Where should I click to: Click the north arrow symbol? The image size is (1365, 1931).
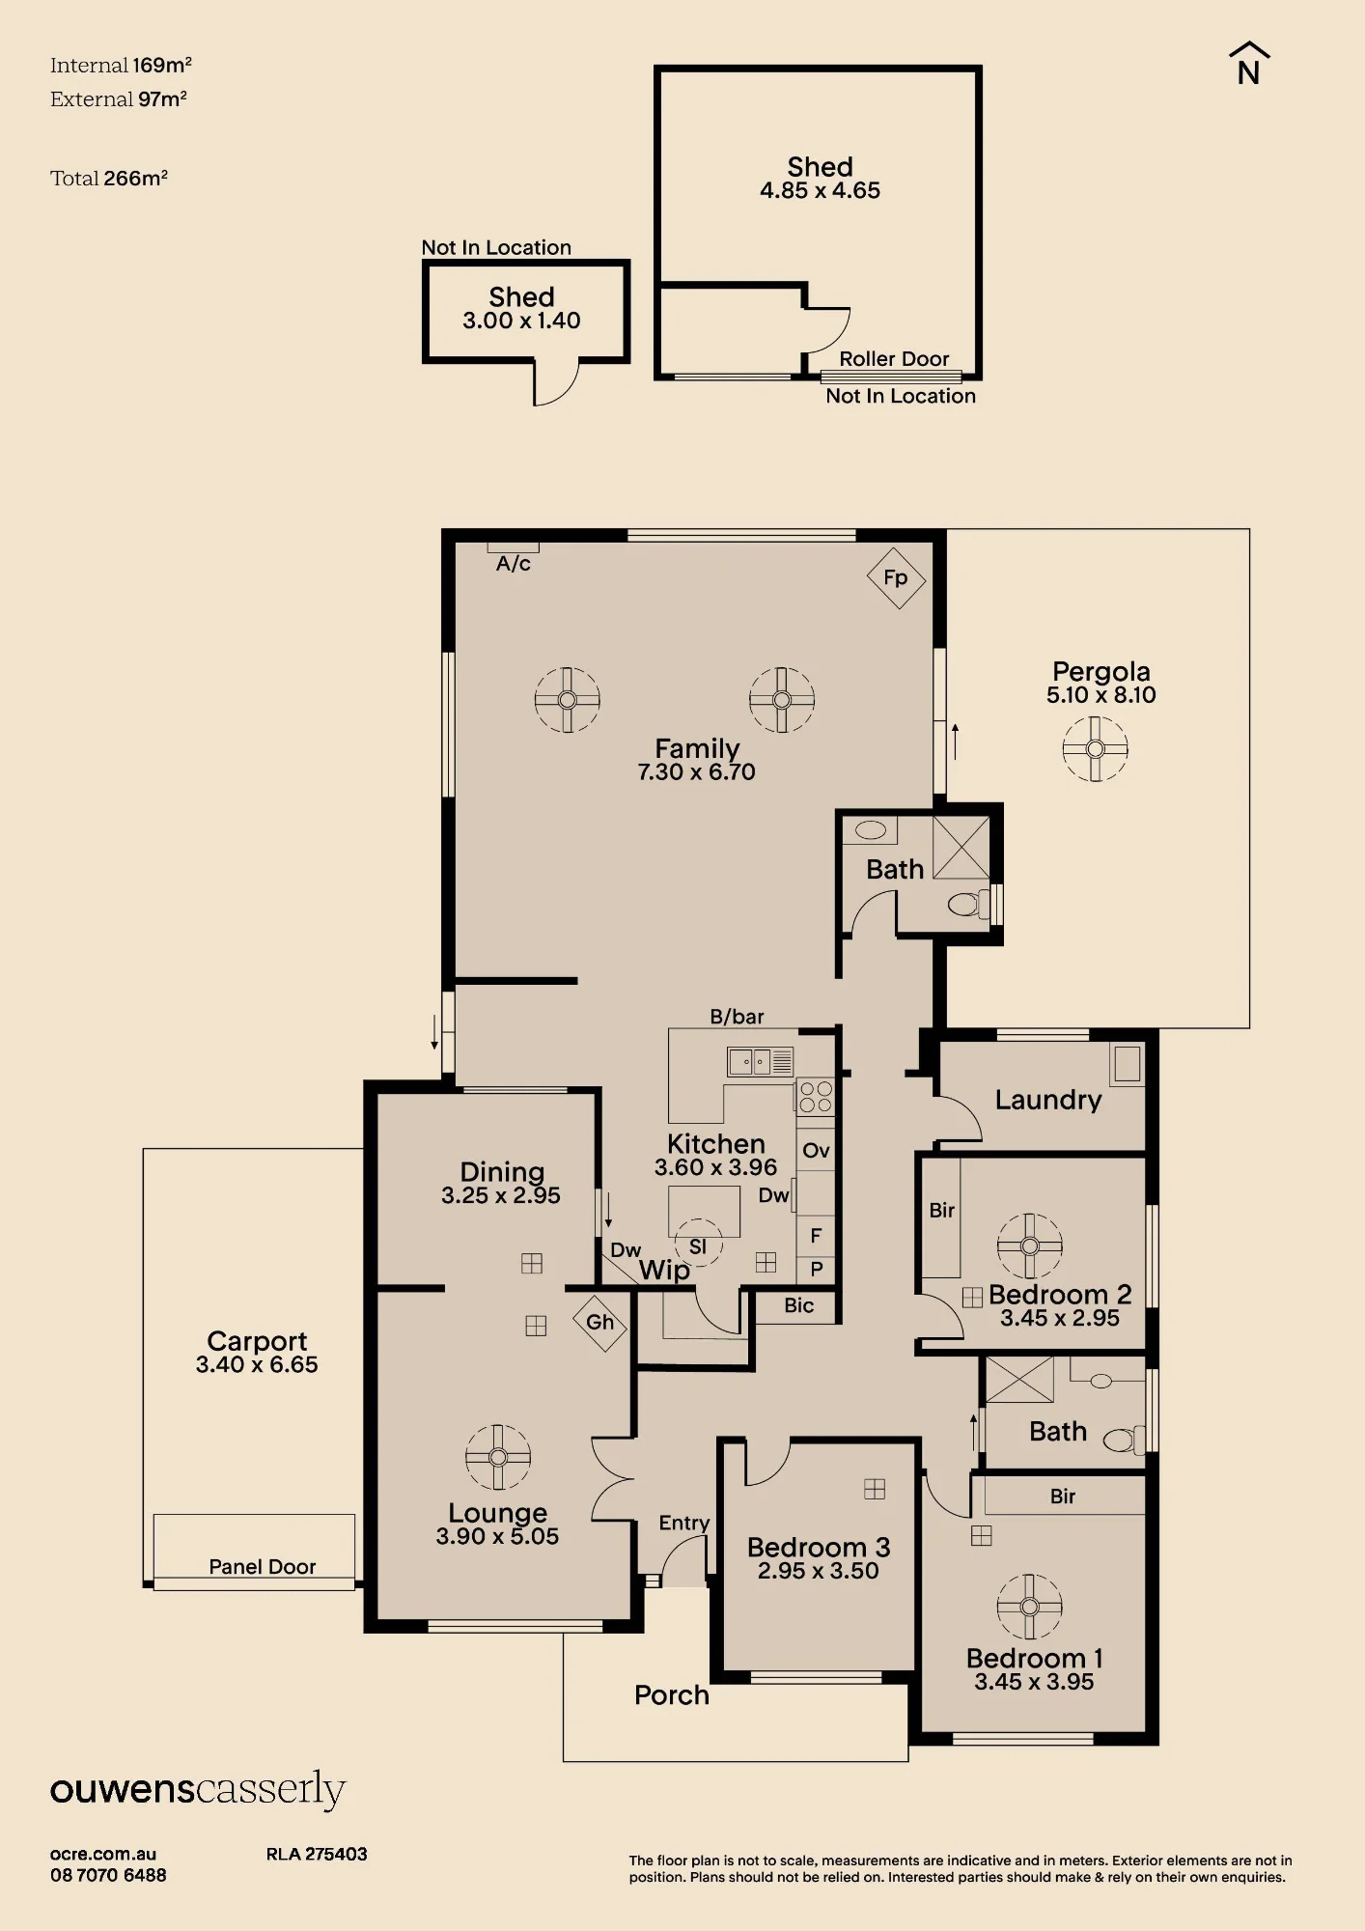[x=1249, y=64]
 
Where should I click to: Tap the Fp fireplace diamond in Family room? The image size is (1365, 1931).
[x=896, y=578]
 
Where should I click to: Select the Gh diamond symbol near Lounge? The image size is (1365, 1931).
[x=599, y=1322]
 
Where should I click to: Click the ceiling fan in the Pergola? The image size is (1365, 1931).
[x=1095, y=748]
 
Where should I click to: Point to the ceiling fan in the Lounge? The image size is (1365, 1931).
[x=498, y=1457]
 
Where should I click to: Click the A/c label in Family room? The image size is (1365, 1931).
[x=514, y=564]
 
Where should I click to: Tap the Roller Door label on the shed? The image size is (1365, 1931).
[x=894, y=359]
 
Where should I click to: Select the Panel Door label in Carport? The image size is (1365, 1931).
[x=263, y=1567]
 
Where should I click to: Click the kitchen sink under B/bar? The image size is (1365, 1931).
[x=760, y=1062]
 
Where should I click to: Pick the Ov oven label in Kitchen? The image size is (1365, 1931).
[x=816, y=1150]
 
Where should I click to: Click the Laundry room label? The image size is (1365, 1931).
[x=1048, y=1100]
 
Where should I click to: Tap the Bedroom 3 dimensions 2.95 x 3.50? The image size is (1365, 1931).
[x=818, y=1571]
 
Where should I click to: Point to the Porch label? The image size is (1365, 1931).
[x=672, y=1695]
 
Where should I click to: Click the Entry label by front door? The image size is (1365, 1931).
[x=684, y=1523]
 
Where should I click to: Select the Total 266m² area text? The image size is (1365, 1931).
[x=109, y=179]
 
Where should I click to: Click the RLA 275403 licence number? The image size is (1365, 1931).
[x=317, y=1854]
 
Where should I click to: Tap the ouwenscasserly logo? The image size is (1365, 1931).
[x=198, y=1790]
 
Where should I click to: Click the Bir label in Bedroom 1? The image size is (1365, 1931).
[x=1063, y=1497]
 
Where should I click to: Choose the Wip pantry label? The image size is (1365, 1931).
[x=664, y=1271]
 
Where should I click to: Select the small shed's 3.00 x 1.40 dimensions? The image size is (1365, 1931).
[x=521, y=321]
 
